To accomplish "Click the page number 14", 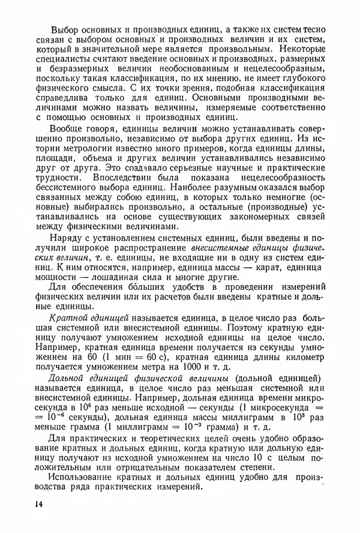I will [x=40, y=506].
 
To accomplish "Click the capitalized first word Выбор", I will [x=67, y=29].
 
